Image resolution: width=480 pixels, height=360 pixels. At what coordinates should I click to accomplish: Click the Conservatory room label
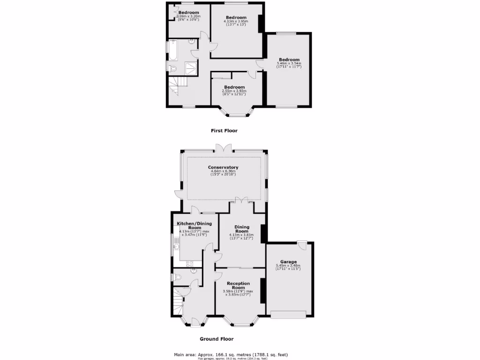click(223, 167)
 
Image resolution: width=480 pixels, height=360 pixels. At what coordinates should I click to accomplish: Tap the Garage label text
click(288, 262)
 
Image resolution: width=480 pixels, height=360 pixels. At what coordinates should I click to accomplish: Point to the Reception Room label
click(238, 286)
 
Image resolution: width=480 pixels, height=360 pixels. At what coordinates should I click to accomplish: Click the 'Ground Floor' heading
click(217, 339)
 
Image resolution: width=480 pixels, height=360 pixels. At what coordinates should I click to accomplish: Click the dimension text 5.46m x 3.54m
click(289, 64)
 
